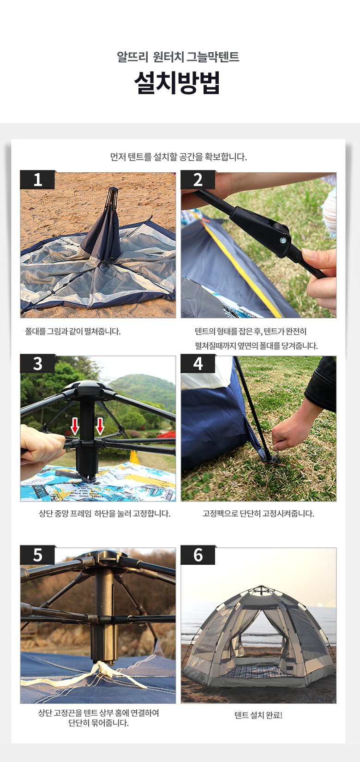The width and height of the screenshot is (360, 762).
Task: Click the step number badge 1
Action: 37,180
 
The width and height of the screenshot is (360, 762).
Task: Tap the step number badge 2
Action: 198,180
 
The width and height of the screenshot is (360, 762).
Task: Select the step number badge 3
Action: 37,363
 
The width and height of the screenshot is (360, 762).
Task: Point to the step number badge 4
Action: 198,363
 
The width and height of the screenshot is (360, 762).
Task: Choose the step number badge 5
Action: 37,555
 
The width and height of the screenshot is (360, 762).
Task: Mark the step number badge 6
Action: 198,555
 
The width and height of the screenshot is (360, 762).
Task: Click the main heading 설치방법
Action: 177,83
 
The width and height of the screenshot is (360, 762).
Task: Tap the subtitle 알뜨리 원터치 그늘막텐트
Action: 178,56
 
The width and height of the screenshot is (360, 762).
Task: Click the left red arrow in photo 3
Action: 75,426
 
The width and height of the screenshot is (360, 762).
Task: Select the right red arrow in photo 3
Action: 100,426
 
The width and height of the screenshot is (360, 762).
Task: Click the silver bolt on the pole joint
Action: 283,241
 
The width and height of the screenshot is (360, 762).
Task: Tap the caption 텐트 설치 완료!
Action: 258,715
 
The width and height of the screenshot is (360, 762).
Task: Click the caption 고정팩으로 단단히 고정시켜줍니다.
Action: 258,514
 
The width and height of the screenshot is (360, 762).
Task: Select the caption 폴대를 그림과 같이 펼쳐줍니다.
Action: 73,331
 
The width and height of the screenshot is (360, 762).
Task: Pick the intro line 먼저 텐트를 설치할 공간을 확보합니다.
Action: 179,157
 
